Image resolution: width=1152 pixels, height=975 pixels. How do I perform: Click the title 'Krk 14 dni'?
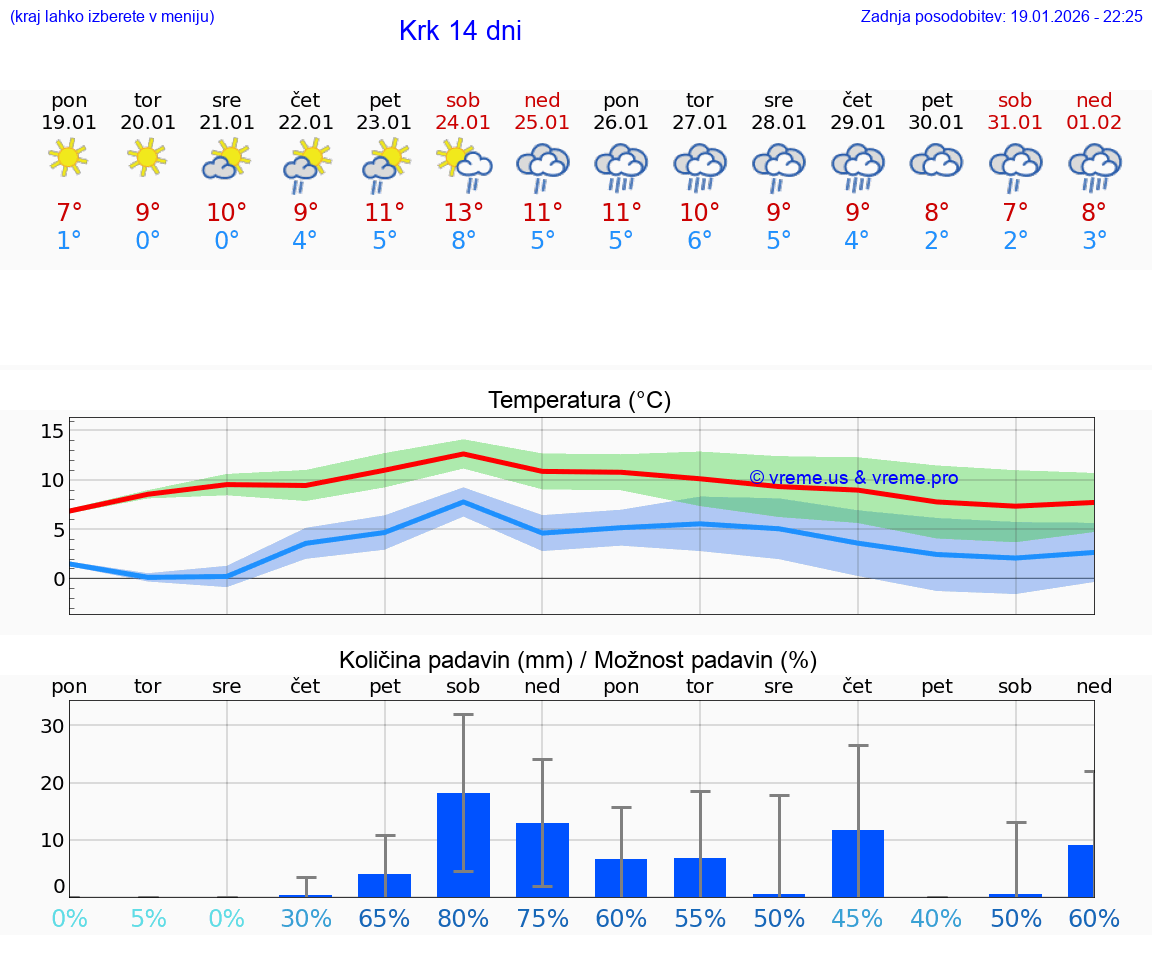pos(460,31)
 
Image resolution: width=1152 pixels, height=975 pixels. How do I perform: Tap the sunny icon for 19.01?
pos(69,158)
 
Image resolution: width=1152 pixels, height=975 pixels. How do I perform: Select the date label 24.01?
pos(463,123)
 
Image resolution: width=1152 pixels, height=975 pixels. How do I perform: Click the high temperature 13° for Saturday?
pos(463,212)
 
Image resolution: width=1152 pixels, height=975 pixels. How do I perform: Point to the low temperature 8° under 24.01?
pos(463,240)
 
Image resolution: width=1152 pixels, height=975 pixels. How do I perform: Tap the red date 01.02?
pos(1094,123)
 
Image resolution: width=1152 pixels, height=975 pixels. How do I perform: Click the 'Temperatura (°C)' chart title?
pos(579,401)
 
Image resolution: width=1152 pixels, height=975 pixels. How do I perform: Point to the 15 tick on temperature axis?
pos(52,431)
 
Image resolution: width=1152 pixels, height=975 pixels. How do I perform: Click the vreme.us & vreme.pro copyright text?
pos(853,478)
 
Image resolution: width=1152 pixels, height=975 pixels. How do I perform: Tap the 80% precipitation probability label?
pos(463,918)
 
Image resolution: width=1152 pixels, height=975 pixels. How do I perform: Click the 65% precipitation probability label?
pos(385,918)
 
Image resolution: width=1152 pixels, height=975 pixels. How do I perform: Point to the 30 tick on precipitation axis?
pos(52,726)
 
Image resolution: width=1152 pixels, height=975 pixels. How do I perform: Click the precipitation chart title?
pos(578,660)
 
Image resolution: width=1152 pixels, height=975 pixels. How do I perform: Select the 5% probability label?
pos(148,918)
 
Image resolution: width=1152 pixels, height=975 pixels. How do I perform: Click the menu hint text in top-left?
pos(112,16)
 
